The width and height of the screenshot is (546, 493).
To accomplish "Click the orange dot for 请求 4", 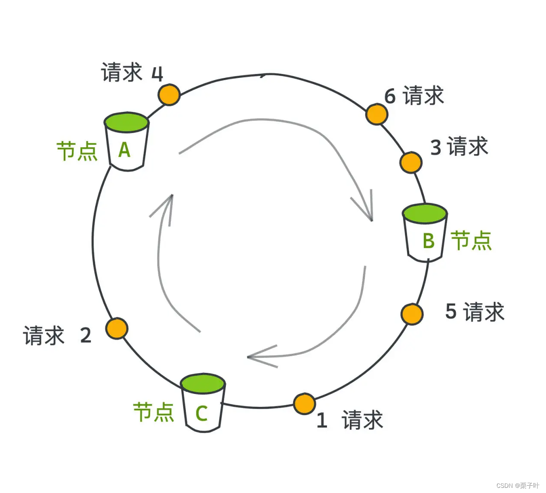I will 169,95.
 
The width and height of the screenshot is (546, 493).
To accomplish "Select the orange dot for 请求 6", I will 376,114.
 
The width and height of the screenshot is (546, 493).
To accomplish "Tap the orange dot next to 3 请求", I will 410,162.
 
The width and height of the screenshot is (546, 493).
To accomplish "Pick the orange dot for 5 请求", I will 412,314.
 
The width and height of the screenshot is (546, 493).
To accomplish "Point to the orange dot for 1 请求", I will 305,404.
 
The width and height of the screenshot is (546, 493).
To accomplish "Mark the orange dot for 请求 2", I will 117,329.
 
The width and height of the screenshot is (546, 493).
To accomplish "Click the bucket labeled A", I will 126,142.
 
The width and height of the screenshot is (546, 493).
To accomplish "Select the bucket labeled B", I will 425,233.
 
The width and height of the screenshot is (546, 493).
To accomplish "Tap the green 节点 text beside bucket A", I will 77,151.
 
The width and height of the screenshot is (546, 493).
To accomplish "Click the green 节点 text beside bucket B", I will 471,241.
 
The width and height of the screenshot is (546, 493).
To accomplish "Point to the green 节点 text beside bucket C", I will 154,412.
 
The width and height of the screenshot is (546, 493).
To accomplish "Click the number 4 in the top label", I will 157,74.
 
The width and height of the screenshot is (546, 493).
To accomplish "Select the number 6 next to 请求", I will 390,96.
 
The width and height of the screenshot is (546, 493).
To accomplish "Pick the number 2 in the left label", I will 86,335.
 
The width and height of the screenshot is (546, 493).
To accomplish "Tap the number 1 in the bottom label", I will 322,420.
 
